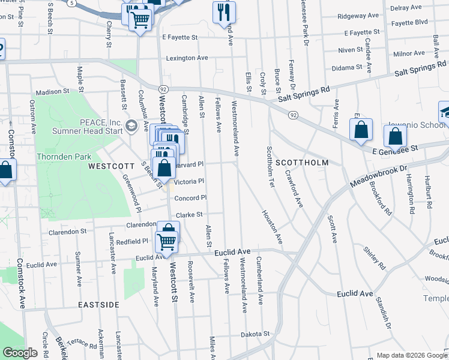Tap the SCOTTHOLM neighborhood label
(x=304, y=163)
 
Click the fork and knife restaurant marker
(x=224, y=11)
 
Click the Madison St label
(x=52, y=92)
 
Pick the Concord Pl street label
(x=190, y=198)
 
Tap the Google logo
(x=20, y=353)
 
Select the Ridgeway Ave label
(x=358, y=16)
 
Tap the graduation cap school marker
(x=445, y=113)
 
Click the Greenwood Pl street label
(x=132, y=193)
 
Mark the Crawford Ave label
(x=294, y=188)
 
